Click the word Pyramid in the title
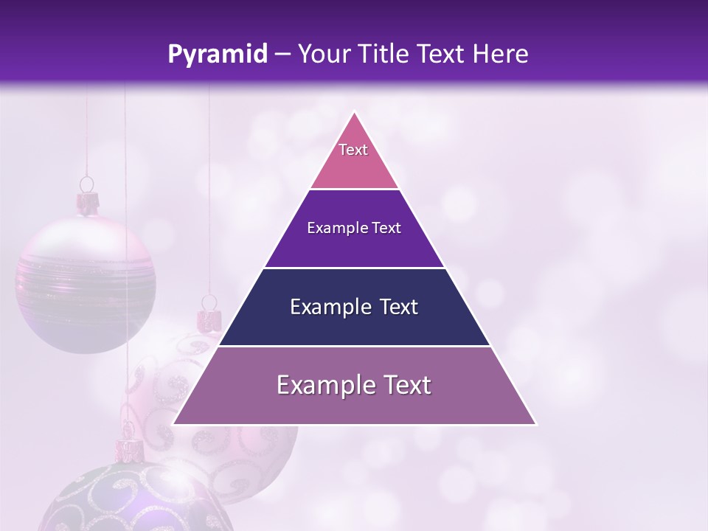tap(218, 55)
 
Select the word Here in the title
tap(502, 55)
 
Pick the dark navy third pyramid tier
tap(354, 324)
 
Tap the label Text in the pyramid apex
tap(353, 150)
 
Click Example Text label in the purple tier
tap(354, 228)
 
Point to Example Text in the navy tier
tap(354, 307)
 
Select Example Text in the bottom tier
tap(354, 385)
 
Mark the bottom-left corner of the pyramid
tap(174, 424)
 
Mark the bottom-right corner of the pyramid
tap(535, 424)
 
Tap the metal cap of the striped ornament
tap(88, 203)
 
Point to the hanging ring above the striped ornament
tap(87, 184)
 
